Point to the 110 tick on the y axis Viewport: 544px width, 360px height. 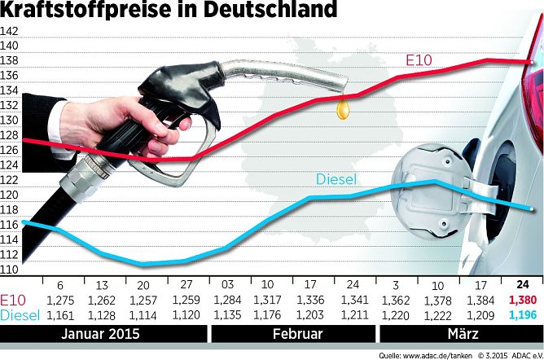tap(10, 269)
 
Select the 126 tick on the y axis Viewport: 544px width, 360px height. tap(10, 151)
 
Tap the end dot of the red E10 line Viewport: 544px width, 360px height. tap(532, 61)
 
